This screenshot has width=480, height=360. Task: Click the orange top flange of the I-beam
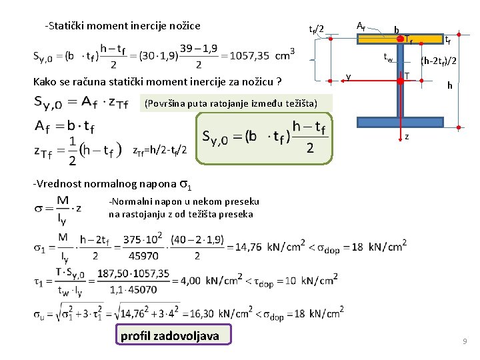[427, 38]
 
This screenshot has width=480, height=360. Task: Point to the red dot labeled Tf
[401, 38]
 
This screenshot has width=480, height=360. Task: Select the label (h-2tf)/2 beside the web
[439, 61]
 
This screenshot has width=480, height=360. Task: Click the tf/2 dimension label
[317, 29]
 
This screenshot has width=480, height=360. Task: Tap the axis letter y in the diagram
[349, 77]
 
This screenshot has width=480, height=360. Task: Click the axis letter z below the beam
[407, 137]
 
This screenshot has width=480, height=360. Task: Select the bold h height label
[450, 85]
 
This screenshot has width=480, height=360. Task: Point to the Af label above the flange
[360, 26]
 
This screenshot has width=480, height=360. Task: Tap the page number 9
[465, 341]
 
